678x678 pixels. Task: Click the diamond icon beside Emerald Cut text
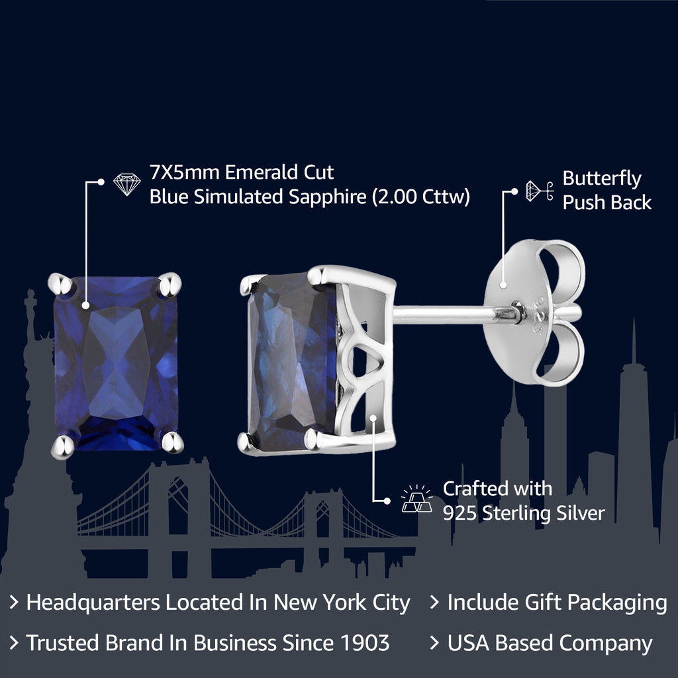click(126, 184)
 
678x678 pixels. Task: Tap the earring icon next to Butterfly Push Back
click(540, 191)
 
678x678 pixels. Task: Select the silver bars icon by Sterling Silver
click(416, 499)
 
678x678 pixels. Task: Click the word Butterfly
click(602, 179)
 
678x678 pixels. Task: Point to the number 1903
click(365, 642)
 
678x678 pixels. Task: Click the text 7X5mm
click(184, 173)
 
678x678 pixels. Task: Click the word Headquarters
click(93, 603)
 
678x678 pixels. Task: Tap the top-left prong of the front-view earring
click(60, 283)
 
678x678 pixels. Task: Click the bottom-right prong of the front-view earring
click(173, 442)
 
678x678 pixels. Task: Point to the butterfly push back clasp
click(534, 313)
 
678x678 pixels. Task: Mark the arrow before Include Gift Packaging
click(434, 603)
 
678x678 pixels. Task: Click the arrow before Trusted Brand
click(14, 643)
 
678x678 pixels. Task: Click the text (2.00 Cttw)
click(420, 197)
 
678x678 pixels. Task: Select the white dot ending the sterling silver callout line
click(387, 501)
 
